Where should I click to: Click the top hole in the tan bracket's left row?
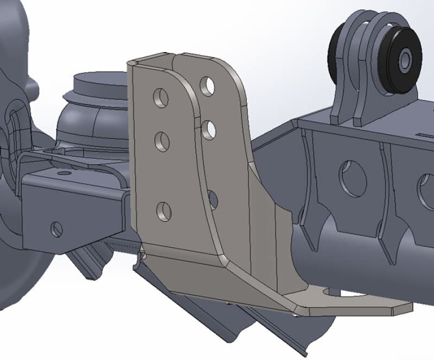(161, 98)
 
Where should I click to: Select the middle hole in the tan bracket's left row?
(162, 142)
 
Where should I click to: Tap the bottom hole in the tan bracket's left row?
(164, 211)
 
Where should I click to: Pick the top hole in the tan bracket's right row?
(207, 86)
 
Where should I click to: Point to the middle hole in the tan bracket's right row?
(209, 130)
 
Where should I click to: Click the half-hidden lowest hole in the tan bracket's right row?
(213, 200)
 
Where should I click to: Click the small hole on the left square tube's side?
(57, 229)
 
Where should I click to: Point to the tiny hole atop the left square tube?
(65, 173)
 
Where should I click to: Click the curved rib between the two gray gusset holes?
(386, 184)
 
